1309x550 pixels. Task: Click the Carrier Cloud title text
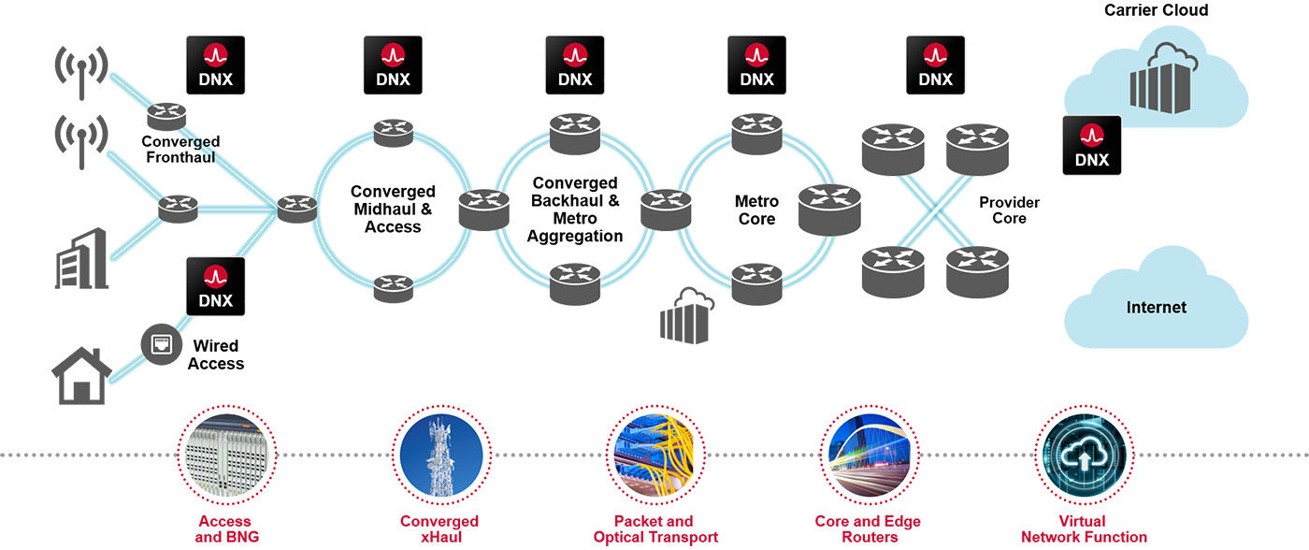tap(1156, 10)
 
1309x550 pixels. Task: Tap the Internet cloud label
tap(1156, 307)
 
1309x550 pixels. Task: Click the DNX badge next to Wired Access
tap(216, 286)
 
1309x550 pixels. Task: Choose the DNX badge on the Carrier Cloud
tap(1091, 145)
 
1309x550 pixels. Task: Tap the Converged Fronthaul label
tap(180, 150)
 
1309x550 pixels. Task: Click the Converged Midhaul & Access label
tap(393, 210)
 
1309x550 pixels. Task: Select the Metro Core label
tap(756, 210)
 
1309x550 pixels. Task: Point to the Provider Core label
tap(1009, 210)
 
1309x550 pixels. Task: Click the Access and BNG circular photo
tap(223, 456)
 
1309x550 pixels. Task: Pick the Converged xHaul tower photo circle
tap(439, 456)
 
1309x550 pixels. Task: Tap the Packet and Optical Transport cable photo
tap(654, 456)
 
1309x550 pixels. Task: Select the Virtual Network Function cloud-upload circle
tap(1084, 456)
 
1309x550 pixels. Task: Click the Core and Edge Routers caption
tap(868, 529)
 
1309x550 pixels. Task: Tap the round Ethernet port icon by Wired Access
tap(160, 343)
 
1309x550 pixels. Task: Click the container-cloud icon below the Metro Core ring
tap(686, 315)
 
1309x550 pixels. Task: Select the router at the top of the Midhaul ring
tap(393, 132)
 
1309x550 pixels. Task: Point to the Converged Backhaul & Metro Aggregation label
tap(574, 210)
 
